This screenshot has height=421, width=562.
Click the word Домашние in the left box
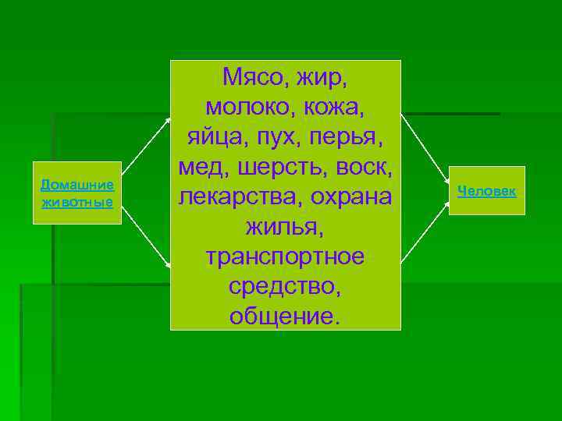coord(77,185)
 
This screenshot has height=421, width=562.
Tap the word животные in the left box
coord(77,203)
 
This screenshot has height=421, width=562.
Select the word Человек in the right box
coord(486,190)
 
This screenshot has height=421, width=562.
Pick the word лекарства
coord(237,196)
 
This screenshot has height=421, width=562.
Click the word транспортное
coord(285,256)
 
